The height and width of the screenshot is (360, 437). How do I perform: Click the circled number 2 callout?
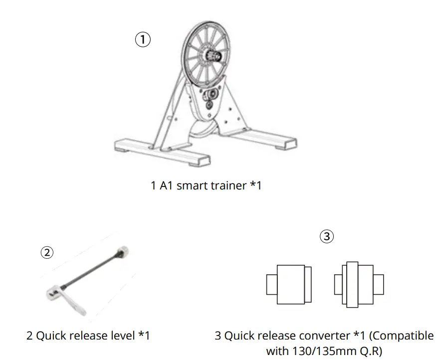click(x=46, y=252)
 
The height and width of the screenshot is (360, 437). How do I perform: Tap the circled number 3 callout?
click(x=326, y=236)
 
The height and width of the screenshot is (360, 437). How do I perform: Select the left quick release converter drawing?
click(x=289, y=284)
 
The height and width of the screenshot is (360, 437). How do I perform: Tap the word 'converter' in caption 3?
click(x=323, y=336)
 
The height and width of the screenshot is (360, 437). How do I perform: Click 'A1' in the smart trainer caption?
click(x=166, y=186)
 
